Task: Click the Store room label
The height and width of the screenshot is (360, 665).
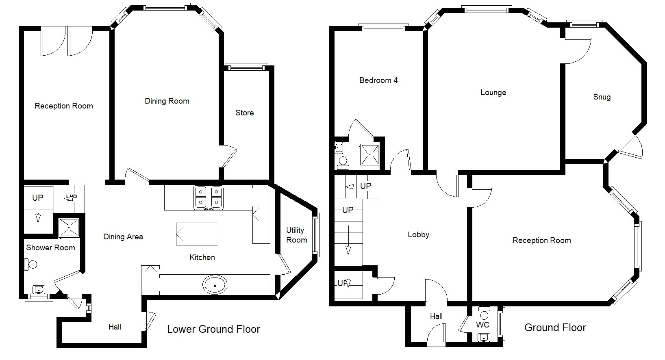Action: (x=245, y=113)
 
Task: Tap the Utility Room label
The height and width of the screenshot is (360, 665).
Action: (x=297, y=235)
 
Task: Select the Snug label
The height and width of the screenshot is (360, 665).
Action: (x=602, y=97)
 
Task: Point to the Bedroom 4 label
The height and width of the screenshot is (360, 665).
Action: (x=378, y=80)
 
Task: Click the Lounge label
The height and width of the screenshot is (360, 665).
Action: (x=493, y=93)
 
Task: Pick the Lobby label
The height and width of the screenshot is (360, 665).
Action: (x=419, y=235)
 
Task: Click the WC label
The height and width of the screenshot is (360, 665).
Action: (x=483, y=325)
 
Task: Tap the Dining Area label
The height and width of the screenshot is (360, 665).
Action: (x=123, y=237)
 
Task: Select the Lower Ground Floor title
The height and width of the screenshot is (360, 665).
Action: (x=214, y=329)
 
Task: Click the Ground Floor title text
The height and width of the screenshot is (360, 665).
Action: (x=555, y=327)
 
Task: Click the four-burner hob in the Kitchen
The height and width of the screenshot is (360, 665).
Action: (x=209, y=198)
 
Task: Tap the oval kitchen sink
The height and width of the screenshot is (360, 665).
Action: (x=215, y=285)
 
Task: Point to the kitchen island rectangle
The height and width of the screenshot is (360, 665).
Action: (x=197, y=234)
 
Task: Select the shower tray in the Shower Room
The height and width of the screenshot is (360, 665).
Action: (x=69, y=228)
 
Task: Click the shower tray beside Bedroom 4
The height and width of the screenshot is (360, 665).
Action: (x=370, y=154)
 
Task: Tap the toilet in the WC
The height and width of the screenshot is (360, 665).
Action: (x=485, y=313)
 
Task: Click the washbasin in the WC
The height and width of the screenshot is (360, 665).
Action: (x=484, y=337)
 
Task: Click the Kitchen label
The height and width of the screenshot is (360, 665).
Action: (x=202, y=257)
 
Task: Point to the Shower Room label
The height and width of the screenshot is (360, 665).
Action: (x=50, y=248)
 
